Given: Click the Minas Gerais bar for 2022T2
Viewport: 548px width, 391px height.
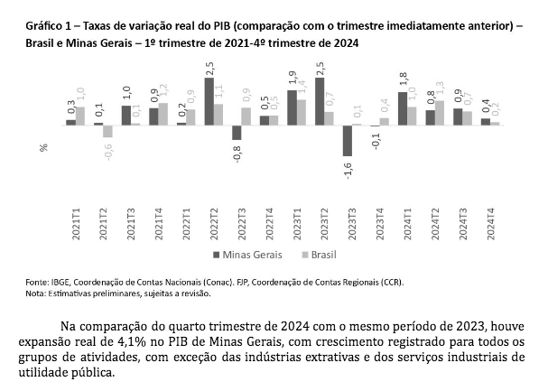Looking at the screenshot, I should coord(209,102).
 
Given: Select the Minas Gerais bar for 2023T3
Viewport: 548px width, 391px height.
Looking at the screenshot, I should coord(348,140).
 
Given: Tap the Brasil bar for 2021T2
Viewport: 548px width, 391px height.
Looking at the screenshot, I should coord(107,131).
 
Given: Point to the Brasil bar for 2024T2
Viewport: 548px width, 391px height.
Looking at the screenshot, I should coord(440,113).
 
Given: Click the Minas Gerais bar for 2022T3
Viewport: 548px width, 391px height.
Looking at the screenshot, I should coord(237,132).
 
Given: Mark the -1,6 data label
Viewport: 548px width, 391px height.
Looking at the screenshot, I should coord(348,169).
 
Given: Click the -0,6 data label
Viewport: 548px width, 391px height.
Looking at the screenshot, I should coord(108,151).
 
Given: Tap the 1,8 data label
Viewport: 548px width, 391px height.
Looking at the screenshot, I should coord(403,79).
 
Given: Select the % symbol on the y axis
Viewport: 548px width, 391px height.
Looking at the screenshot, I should coord(42,147).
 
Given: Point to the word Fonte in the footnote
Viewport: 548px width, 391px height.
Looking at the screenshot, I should coord(38,283).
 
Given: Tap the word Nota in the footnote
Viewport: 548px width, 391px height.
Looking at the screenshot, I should coord(36,293).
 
